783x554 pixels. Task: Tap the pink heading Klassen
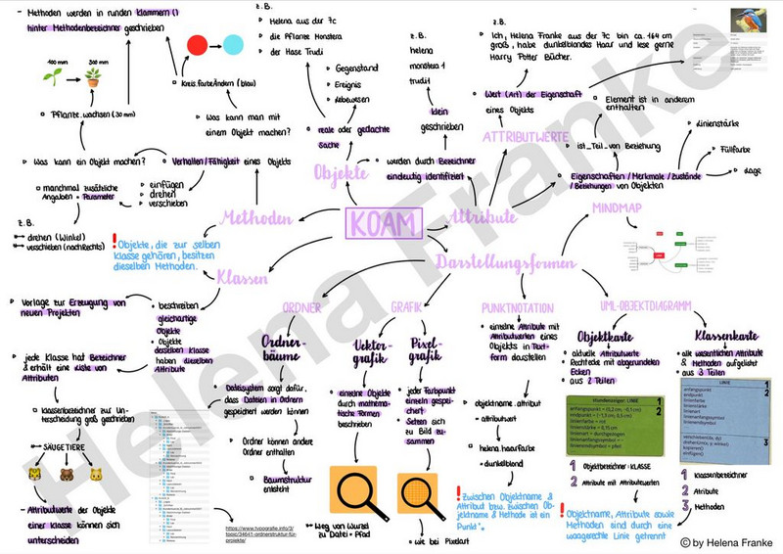(x=241, y=279)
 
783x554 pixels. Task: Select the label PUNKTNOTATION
(x=515, y=307)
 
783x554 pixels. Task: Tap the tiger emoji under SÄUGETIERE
(x=36, y=476)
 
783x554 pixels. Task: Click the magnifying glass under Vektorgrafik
(x=350, y=484)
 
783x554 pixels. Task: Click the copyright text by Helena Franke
(x=726, y=541)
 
